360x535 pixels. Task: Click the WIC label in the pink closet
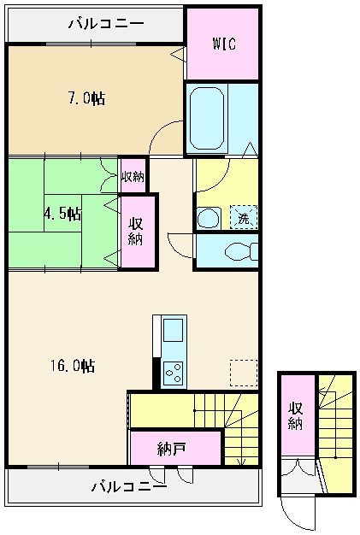coord(223,44)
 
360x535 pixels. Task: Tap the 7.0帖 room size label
coord(86,98)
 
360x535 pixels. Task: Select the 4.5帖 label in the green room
coord(62,213)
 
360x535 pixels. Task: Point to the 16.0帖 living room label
coord(71,365)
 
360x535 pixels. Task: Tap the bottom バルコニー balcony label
coord(130,487)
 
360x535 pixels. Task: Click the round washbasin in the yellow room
coord(208,218)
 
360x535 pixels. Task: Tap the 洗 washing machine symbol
coord(244,218)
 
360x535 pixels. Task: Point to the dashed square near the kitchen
coord(243,373)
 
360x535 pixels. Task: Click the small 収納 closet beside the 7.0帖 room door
coord(133,177)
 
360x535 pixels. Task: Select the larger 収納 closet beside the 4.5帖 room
coord(137,232)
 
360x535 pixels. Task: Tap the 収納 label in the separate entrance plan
coord(296,416)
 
